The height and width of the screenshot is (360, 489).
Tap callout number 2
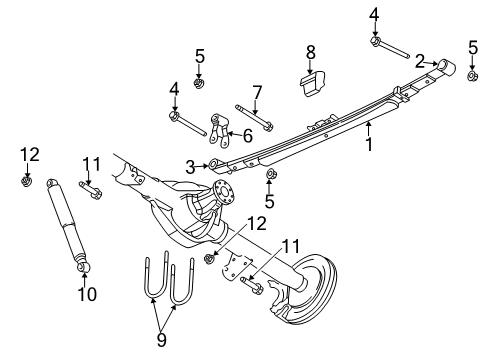coord(421,59)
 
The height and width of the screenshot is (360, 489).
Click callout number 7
coord(257,92)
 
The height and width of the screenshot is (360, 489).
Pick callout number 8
coord(310,51)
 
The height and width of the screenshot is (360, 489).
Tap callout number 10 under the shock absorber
coord(83,294)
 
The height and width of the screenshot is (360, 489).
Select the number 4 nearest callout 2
coord(375,13)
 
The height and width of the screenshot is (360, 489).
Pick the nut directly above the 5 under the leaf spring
coord(269,177)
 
